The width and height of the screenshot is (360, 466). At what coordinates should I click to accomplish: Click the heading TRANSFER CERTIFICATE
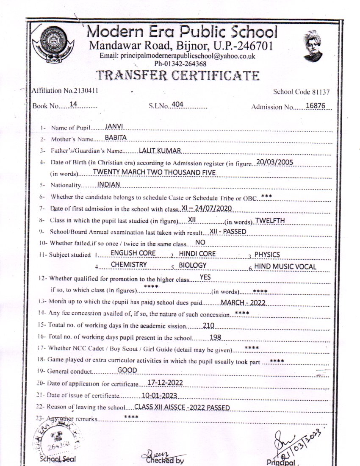tap(177, 75)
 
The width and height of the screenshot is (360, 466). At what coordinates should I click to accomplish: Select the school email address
tap(177, 56)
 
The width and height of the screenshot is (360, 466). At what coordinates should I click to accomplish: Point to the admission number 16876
tap(315, 106)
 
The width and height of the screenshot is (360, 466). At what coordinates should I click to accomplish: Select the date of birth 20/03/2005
tap(275, 162)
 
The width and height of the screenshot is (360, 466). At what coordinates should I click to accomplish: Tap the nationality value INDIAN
tap(109, 184)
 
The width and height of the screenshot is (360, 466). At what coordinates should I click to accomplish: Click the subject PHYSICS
tap(267, 255)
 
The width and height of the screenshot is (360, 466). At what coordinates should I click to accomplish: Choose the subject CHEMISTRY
tap(129, 265)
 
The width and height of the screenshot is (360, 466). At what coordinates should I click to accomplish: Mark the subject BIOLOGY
tap(193, 265)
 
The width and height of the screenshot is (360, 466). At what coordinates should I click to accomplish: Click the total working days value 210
tap(209, 325)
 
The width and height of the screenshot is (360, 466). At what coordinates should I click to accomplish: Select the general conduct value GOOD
tap(127, 370)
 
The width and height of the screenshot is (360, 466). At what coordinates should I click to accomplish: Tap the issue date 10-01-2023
tap(159, 396)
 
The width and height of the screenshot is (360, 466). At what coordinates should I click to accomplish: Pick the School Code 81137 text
tap(301, 92)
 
